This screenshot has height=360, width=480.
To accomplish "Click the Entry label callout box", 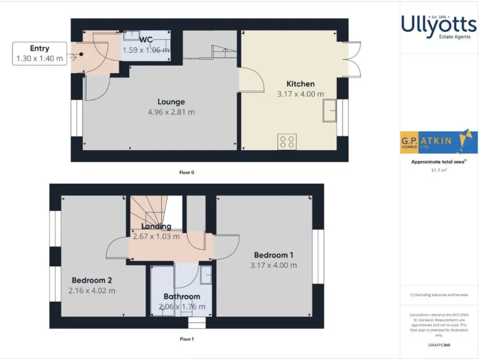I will click(39, 53).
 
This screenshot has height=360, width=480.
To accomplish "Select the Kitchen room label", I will click(300, 84).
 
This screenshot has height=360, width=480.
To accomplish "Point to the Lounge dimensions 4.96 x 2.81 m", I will click(171, 112).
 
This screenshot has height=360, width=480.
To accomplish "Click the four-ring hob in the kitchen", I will click(287, 142).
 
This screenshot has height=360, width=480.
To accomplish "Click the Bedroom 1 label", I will click(273, 255).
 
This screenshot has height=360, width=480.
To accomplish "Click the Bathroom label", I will click(182, 296).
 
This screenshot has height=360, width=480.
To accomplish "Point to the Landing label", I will click(156, 226).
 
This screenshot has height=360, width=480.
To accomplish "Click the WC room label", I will click(146, 39).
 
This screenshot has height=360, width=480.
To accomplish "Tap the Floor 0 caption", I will click(186, 172).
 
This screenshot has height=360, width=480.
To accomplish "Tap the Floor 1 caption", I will click(186, 339).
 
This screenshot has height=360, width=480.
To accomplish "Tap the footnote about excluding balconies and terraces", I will click(439, 294).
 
